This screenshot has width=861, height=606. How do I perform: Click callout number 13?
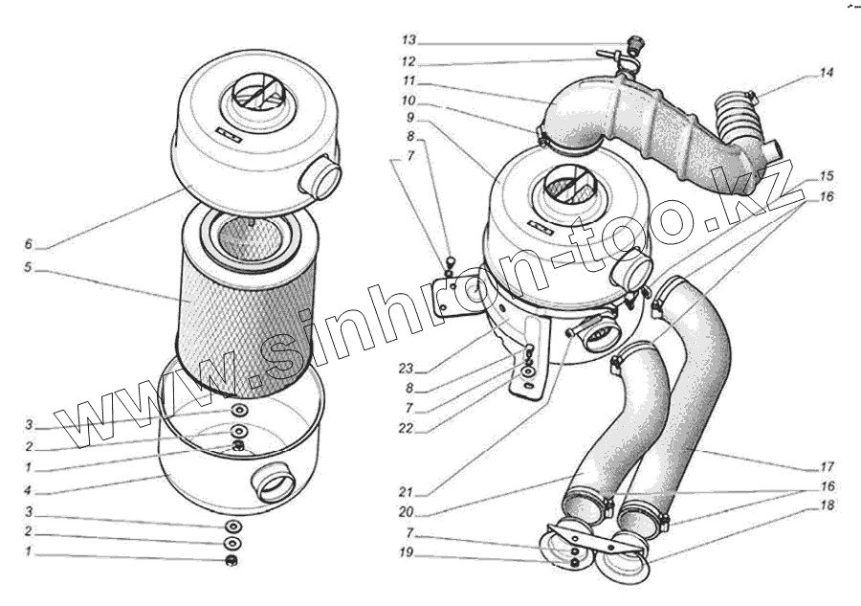click(408, 41)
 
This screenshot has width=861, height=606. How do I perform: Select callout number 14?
click(827, 73)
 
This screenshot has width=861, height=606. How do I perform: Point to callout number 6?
click(30, 245)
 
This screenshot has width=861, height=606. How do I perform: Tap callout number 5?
click(30, 269)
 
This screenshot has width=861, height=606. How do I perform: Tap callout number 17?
click(826, 468)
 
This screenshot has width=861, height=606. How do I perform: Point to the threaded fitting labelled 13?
click(633, 43)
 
